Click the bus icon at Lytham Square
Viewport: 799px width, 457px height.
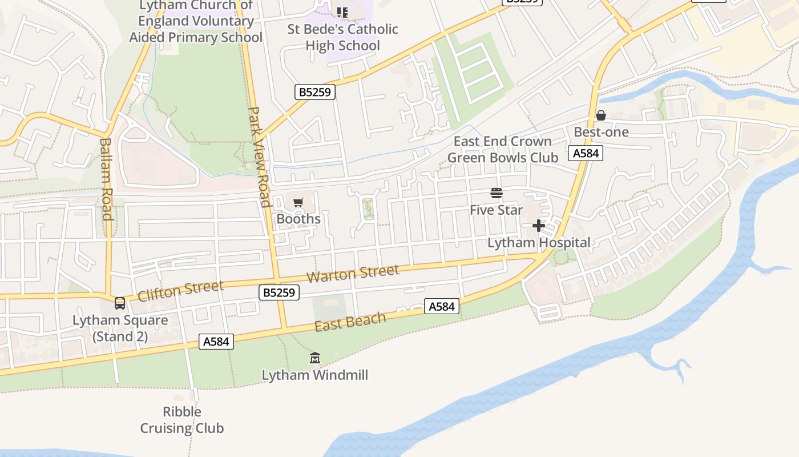[120, 303]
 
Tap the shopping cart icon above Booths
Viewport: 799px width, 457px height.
[298, 202]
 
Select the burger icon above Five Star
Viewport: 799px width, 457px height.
[496, 193]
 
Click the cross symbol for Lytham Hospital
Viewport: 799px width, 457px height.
[538, 226]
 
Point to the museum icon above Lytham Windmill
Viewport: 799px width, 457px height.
[314, 358]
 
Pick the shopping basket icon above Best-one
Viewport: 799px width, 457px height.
[600, 115]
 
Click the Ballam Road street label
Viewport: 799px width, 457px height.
[106, 178]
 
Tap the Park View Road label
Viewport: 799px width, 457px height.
[259, 157]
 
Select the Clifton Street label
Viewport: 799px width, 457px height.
[180, 290]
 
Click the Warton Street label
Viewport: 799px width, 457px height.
[353, 273]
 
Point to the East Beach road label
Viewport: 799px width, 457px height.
[350, 322]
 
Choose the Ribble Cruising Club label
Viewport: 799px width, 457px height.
[182, 420]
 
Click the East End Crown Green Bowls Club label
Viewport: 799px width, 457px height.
[502, 149]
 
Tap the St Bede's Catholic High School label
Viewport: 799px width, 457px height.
[342, 37]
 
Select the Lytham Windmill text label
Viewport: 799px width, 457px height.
[314, 375]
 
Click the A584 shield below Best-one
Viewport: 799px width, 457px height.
[586, 153]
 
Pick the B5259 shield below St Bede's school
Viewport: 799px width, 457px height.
[314, 92]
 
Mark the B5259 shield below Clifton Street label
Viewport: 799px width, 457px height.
[279, 292]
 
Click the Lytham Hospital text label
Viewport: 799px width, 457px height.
[538, 242]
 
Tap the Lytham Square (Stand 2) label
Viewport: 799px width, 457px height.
[120, 328]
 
